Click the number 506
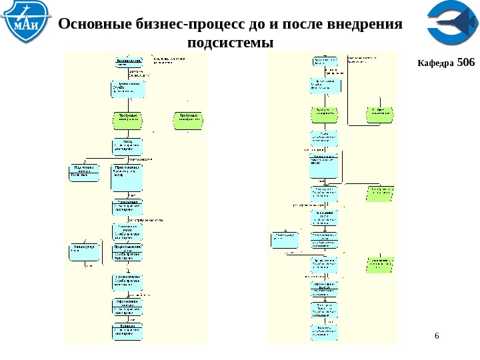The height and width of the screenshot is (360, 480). point(467,63)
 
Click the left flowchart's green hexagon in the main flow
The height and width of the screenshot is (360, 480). point(128,119)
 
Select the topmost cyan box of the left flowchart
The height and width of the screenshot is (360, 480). point(128,61)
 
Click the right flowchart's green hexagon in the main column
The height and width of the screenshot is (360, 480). point(325,114)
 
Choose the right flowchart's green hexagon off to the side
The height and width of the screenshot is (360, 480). point(381,114)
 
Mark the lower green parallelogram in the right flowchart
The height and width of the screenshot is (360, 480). point(381,264)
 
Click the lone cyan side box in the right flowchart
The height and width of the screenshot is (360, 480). point(285,240)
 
